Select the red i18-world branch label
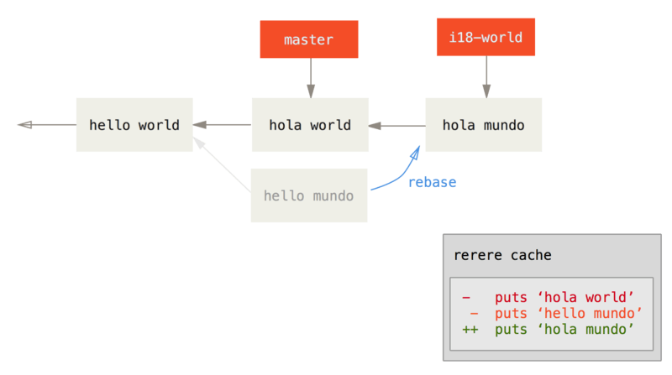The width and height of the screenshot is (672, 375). pyautogui.click(x=486, y=37)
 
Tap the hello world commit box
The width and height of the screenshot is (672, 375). pyautogui.click(x=134, y=125)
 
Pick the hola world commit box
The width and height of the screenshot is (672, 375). pyautogui.click(x=310, y=125)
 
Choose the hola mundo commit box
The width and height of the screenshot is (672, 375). pyautogui.click(x=483, y=125)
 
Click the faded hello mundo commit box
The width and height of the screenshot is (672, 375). pyautogui.click(x=309, y=195)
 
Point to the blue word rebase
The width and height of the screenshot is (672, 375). pyautogui.click(x=433, y=182)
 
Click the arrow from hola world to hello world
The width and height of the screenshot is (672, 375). pyautogui.click(x=222, y=126)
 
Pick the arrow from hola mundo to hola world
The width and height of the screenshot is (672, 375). pyautogui.click(x=396, y=127)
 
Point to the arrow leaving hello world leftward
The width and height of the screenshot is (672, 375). pyautogui.click(x=45, y=125)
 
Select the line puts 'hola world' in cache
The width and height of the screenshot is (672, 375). pyautogui.click(x=563, y=297)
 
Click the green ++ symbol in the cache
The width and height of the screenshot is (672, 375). pyautogui.click(x=470, y=329)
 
